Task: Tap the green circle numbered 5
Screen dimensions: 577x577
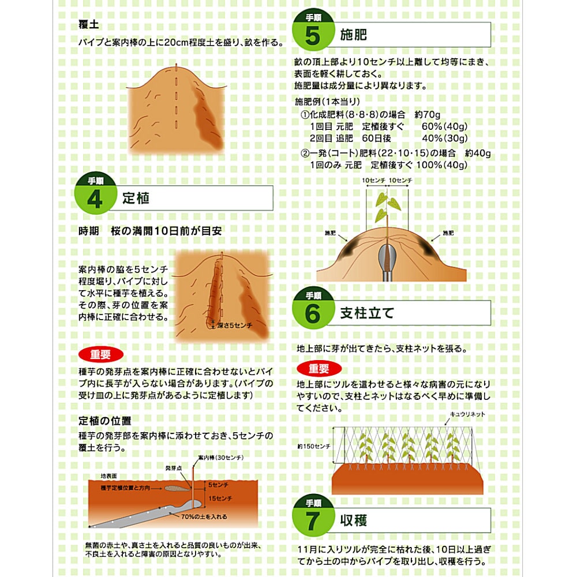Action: [x=313, y=30]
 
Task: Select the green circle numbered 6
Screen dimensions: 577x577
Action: [x=313, y=308]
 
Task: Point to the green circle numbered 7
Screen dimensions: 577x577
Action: [x=313, y=515]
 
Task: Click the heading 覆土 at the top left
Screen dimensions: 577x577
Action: [x=89, y=25]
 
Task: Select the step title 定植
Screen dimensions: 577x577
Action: [x=136, y=198]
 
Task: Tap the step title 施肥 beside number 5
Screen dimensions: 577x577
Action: [x=353, y=35]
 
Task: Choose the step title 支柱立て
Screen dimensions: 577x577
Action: [x=367, y=313]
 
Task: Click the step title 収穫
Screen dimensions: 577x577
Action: [x=353, y=520]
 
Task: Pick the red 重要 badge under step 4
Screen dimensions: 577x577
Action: [x=101, y=354]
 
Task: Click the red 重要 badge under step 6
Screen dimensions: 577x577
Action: [x=319, y=368]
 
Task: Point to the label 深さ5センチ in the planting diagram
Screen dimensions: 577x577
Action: [x=235, y=325]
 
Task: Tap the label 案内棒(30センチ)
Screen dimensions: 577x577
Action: [x=221, y=458]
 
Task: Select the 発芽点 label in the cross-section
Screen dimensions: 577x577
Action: [x=174, y=468]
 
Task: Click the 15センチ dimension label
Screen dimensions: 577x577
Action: [x=220, y=499]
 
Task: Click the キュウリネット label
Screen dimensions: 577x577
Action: [x=467, y=414]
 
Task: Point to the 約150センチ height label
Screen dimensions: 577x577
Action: [x=313, y=447]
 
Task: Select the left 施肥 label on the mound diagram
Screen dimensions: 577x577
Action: [x=330, y=233]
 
